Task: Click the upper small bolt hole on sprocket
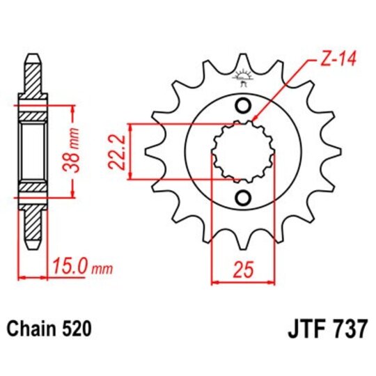243,106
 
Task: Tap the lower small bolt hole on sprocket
243,198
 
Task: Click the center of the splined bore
243,152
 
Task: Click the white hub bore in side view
33,151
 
